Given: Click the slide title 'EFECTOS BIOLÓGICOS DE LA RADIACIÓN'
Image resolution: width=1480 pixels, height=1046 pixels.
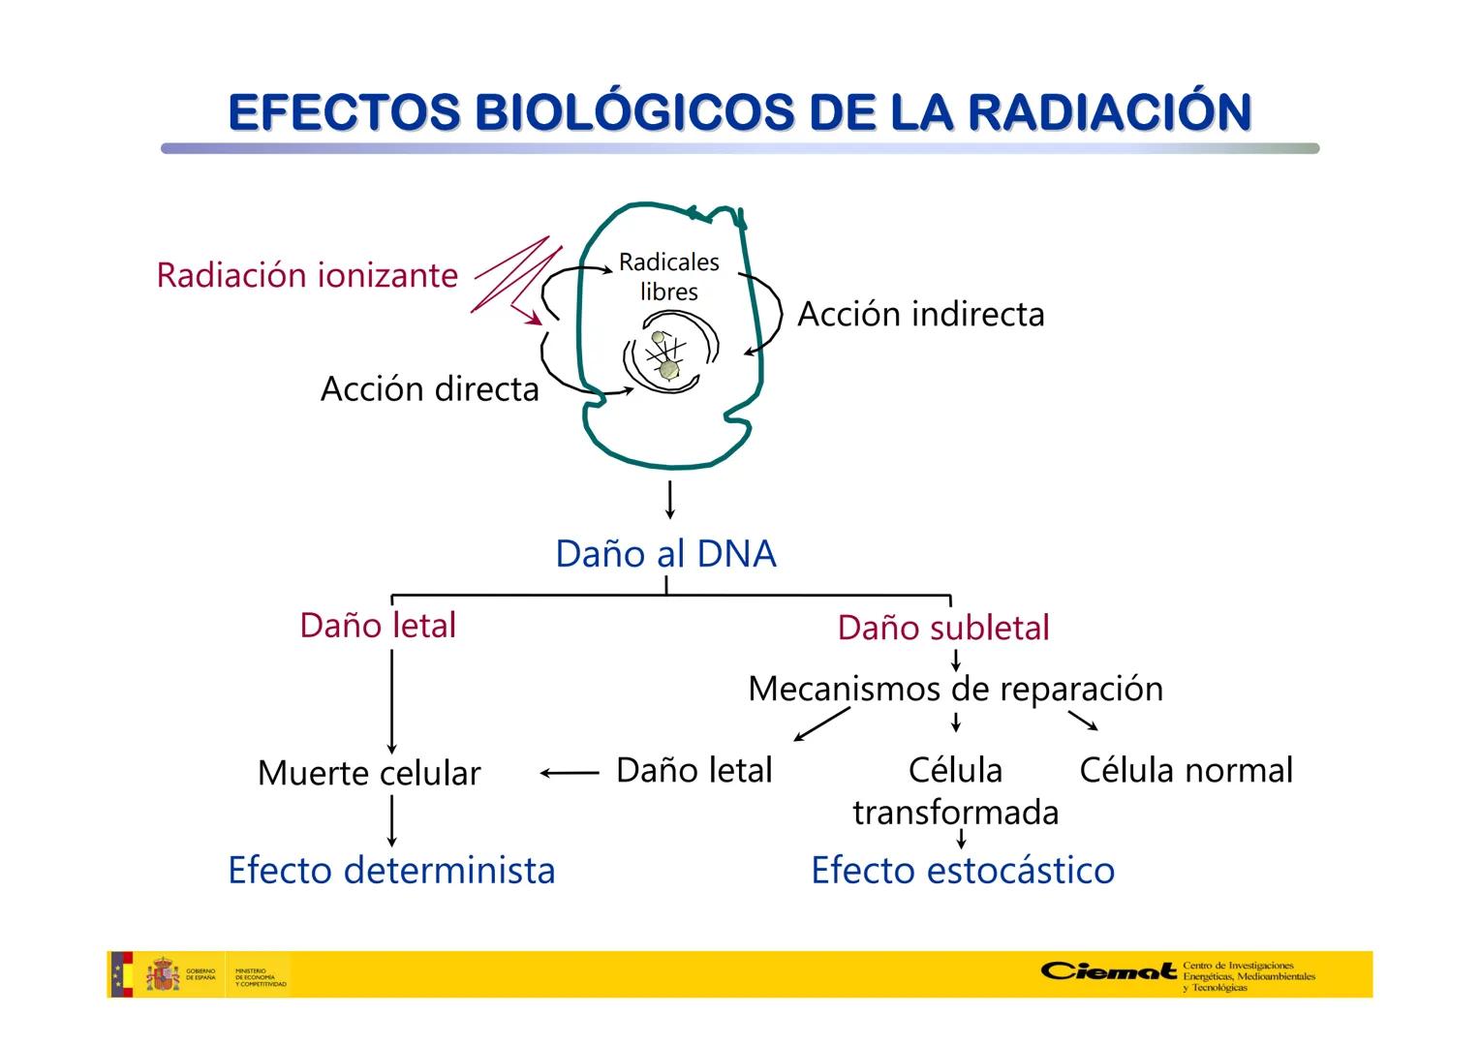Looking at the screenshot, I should coord(739,112).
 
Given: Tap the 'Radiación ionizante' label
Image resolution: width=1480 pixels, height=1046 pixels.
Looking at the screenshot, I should coord(307,275).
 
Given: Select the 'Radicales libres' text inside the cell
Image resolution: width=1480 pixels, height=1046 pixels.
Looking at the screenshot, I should coord(669,277).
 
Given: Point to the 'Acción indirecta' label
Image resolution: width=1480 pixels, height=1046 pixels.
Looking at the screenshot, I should coord(920,314).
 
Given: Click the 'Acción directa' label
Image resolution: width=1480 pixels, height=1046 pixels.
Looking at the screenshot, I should coord(429,388).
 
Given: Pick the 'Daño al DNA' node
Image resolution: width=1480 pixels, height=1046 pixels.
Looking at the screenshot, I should coord(665,554).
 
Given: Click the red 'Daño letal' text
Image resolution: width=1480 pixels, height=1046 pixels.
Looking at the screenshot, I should coord(378,626).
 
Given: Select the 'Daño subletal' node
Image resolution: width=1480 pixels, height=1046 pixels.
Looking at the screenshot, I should coord(943,628).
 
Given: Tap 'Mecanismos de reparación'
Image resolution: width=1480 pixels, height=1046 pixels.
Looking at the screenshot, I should coord(955,689).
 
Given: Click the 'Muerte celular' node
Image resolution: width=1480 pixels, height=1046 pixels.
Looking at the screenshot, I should coord(369,773).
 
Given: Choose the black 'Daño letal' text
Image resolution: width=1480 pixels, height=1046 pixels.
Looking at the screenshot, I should coord(694,770).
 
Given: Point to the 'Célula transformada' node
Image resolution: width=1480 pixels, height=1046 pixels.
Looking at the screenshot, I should coord(955,790).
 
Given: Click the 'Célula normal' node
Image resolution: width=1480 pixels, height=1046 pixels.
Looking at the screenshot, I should coord(1186,770).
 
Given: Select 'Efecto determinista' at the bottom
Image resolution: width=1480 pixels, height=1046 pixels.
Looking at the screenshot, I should coord(391,870).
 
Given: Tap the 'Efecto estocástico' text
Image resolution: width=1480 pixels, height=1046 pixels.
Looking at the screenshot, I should coord(963,870).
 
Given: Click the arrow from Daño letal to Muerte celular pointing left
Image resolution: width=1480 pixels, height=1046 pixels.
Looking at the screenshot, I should coord(570,773).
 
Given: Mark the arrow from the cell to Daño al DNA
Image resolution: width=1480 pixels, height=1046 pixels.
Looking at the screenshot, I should coord(669,499).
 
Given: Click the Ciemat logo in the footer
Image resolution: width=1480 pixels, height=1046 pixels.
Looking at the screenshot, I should coord(1108,971).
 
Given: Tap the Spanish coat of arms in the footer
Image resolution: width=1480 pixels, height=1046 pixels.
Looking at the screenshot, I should coord(163,974).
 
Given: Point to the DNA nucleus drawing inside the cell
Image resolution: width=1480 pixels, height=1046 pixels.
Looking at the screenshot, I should coord(666,356).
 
